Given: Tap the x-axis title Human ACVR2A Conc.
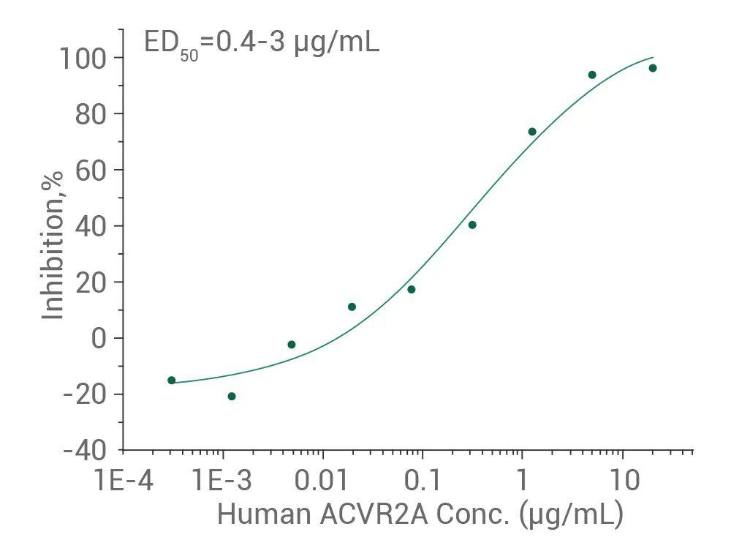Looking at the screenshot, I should click(x=420, y=514).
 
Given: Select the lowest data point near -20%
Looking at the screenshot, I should click(x=232, y=397).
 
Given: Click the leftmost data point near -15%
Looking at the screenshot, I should click(x=172, y=381).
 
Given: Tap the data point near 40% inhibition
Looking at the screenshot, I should click(x=472, y=225).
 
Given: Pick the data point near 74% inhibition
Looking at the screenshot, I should click(x=532, y=132).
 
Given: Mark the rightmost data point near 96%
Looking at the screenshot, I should click(x=653, y=68).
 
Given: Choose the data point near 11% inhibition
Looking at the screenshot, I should click(x=352, y=307).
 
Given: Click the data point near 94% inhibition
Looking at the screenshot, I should click(x=592, y=75).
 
